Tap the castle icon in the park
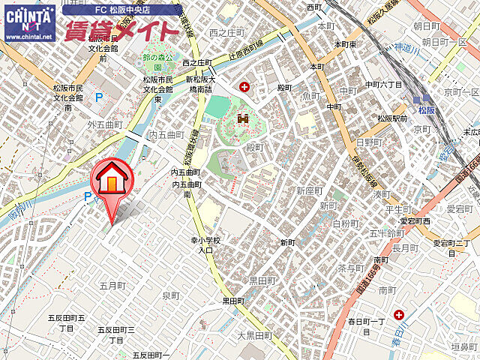pos(242,118)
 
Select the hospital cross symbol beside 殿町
pos(244,88)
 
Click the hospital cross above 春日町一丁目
pos(398,315)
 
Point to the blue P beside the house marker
pos(88,197)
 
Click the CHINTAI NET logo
pos(28,22)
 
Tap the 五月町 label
pos(111,286)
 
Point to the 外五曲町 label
pos(104,124)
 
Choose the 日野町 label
pos(369,142)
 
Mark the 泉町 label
pos(172,295)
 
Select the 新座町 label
pos(309,190)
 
